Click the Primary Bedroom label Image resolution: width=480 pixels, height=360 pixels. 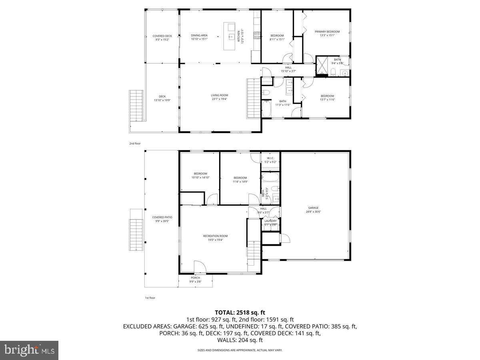[x=327, y=32]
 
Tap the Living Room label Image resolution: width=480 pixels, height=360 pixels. [x=219, y=95]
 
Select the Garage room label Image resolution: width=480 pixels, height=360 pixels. [x=313, y=208]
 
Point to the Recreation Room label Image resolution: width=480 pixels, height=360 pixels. [x=215, y=236]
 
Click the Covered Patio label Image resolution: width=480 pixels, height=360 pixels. [x=162, y=217]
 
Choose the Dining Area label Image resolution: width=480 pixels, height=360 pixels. [x=199, y=35]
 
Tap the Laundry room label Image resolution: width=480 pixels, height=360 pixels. [x=270, y=221]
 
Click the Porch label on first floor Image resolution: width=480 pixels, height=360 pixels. [x=195, y=278]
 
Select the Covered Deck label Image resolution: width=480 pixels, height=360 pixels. [x=162, y=36]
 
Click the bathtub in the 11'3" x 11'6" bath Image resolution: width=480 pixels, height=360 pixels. [x=267, y=108]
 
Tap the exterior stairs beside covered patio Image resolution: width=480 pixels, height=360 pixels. [x=136, y=235]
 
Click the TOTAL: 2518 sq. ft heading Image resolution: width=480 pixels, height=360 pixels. [x=240, y=312]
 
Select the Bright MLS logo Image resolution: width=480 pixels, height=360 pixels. [x=29, y=350]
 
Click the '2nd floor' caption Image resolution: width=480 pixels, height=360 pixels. [x=135, y=143]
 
